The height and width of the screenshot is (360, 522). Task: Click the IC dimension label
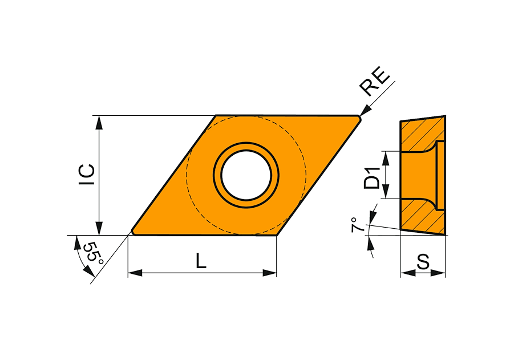(x=87, y=175)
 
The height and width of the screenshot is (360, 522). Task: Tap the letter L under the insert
(x=201, y=261)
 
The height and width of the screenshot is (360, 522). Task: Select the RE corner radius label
(x=374, y=83)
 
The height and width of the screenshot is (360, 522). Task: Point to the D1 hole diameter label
(x=372, y=178)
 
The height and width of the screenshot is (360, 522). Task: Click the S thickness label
(x=423, y=262)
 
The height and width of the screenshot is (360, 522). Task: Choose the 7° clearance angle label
(x=358, y=225)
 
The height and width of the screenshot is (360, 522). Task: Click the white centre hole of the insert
(x=246, y=175)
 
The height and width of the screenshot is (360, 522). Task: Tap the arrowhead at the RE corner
(x=366, y=110)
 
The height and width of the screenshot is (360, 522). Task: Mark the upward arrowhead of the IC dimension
(x=99, y=123)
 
